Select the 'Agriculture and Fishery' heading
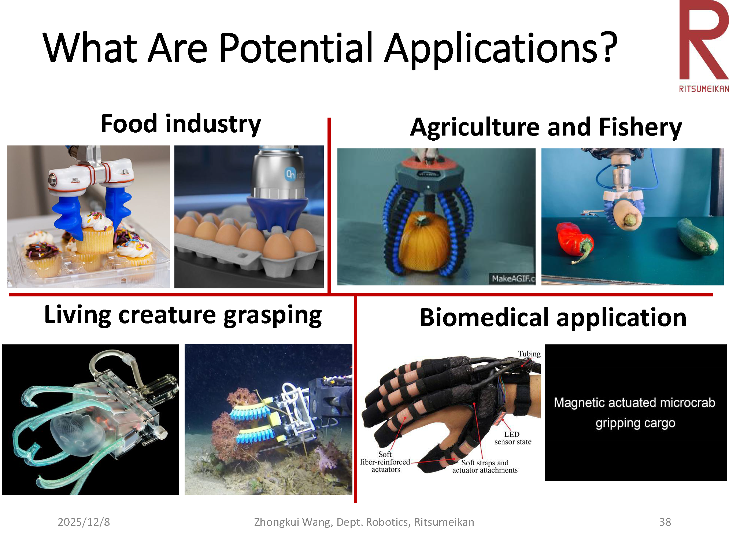click(x=546, y=127)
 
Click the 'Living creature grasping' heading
click(x=183, y=315)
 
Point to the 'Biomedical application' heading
click(x=553, y=317)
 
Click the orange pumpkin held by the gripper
click(x=425, y=242)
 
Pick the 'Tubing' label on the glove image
click(x=529, y=354)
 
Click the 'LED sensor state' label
click(x=512, y=438)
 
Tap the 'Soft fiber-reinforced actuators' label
click(x=385, y=462)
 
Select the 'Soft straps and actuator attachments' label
click(x=485, y=466)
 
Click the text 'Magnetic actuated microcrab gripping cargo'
click(x=634, y=413)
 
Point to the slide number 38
click(x=665, y=522)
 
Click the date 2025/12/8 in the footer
click(x=84, y=522)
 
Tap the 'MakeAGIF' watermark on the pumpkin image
click(x=513, y=278)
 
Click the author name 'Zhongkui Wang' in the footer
click(x=293, y=522)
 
